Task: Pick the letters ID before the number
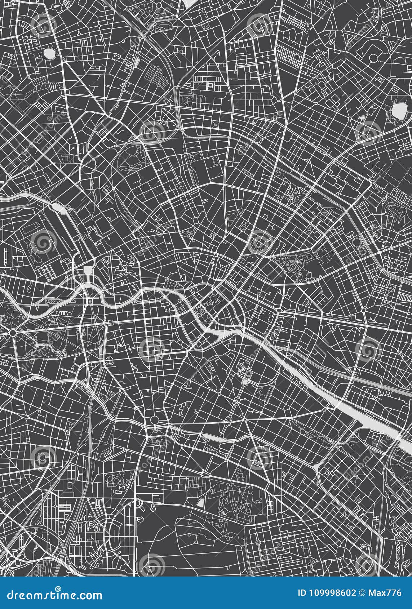[302, 593]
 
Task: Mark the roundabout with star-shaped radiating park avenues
[13, 332]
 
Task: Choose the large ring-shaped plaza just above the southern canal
[154, 419]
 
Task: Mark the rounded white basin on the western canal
[57, 206]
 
